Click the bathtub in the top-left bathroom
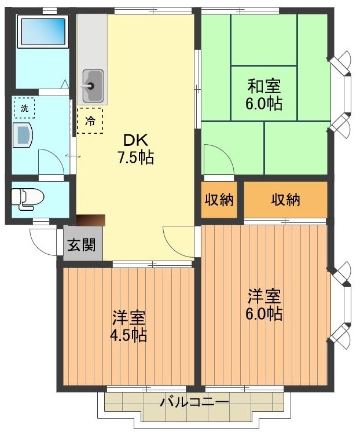pos(42,32)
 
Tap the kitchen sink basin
pos(93,79)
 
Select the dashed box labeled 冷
pos(90,120)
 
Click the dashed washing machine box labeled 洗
pos(24,108)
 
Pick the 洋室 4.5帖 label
pos(129,326)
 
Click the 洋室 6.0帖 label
pos(265,305)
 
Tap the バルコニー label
pos(194,401)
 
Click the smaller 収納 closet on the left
pos(219,200)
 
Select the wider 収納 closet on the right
pos(285,200)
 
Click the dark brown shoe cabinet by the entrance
pos(91,220)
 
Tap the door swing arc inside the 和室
pos(219,159)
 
